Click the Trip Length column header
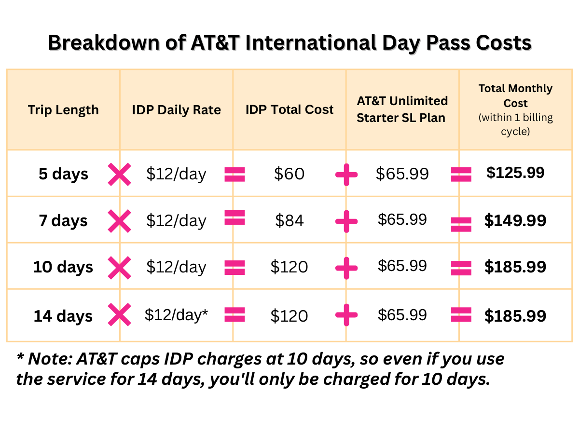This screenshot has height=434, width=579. [63, 110]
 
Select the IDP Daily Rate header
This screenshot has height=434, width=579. [176, 110]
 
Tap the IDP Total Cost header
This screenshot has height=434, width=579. [289, 109]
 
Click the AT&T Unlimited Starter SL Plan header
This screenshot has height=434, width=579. [402, 109]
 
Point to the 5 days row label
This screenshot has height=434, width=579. [63, 174]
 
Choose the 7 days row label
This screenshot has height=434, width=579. [63, 220]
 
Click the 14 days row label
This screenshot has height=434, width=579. [63, 316]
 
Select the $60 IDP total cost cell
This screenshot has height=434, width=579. [289, 174]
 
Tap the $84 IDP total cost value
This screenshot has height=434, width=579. [289, 220]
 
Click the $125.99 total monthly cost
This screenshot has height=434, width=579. [515, 173]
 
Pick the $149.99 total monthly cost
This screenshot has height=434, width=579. [515, 220]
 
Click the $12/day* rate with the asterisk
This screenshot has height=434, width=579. [176, 315]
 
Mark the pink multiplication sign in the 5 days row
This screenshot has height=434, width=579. [120, 175]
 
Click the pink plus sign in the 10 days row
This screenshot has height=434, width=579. [346, 268]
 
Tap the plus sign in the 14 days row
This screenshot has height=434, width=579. [346, 315]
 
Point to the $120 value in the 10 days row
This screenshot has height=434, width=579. [289, 267]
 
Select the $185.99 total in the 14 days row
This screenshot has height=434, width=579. [515, 316]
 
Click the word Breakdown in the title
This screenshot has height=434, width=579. [104, 43]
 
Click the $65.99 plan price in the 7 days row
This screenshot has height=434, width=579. [402, 219]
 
